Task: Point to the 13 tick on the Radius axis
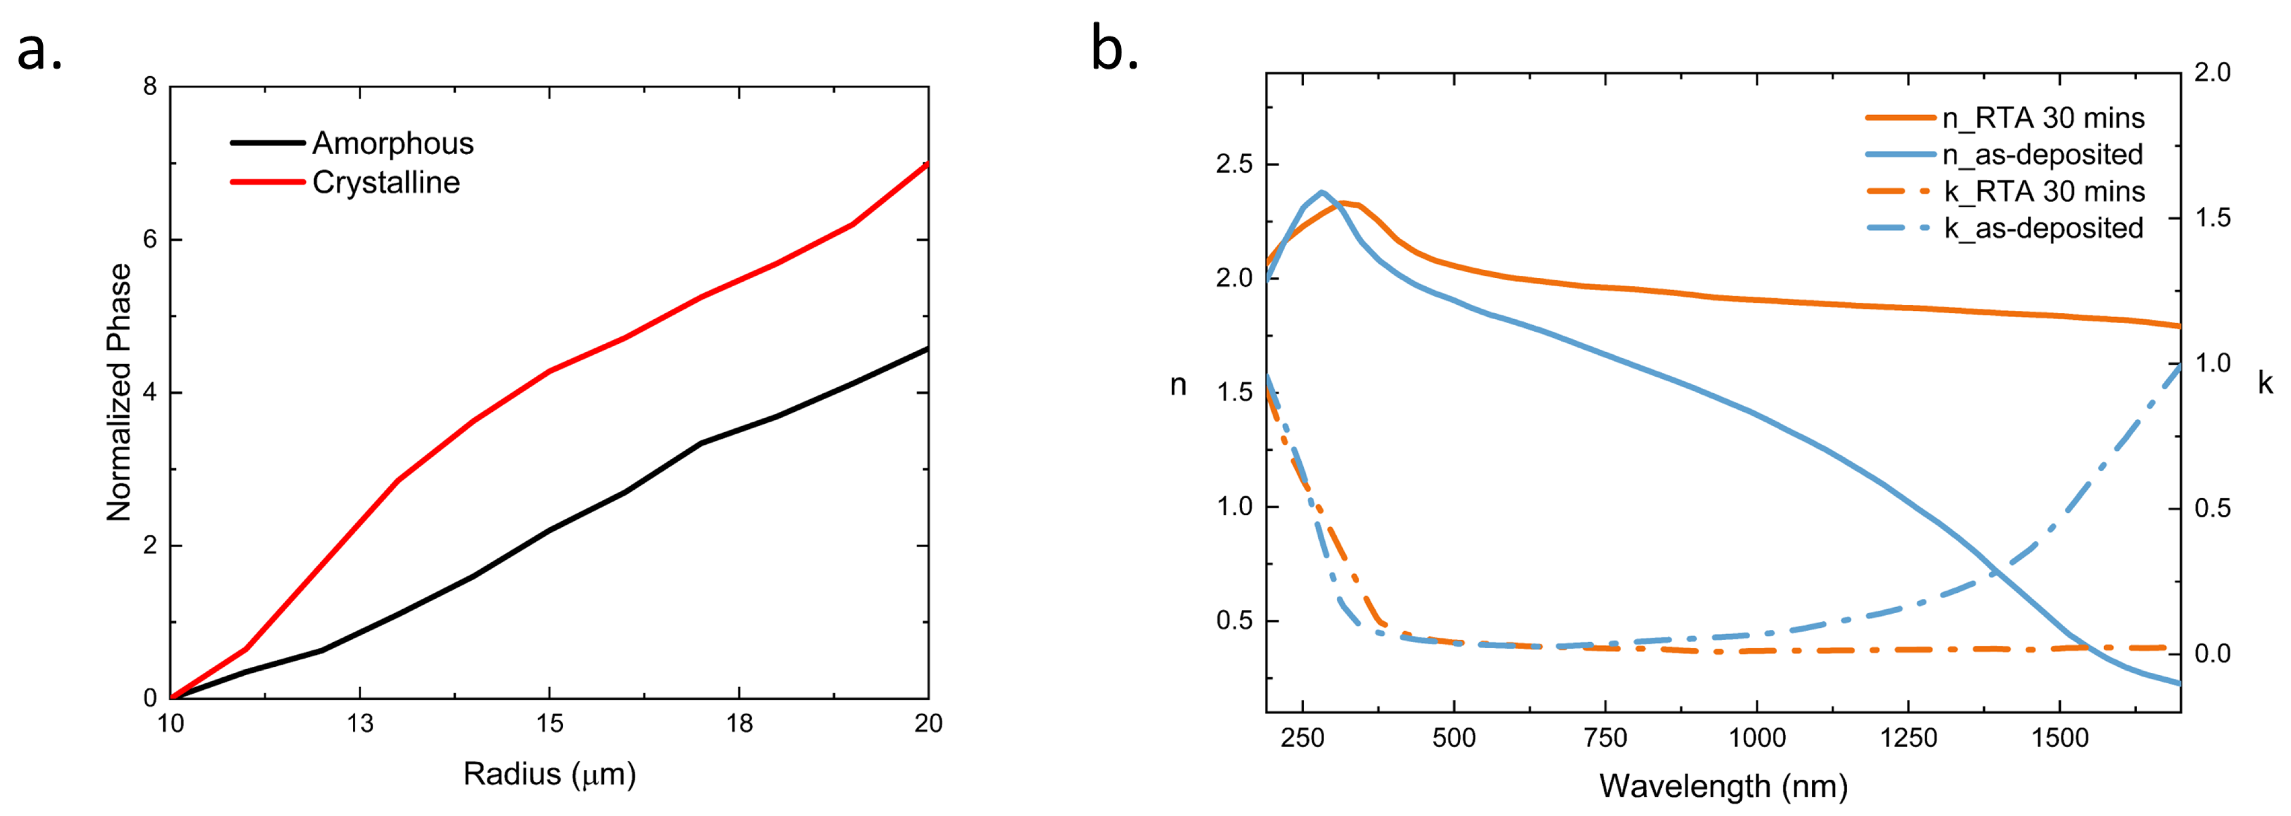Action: [360, 723]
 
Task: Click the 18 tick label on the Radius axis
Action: [739, 723]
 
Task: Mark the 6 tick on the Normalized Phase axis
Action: [150, 240]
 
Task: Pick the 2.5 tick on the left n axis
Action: [1234, 165]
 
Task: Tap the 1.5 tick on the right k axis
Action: [2213, 218]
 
